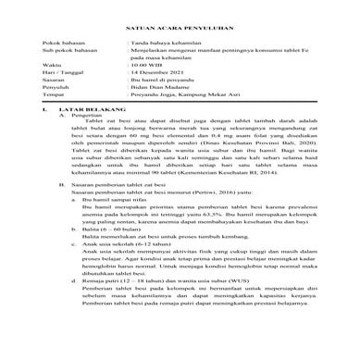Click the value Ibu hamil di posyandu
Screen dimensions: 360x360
click(163, 110)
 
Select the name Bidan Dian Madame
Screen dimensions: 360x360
click(159, 118)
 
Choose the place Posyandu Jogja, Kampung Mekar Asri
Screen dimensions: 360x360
click(184, 127)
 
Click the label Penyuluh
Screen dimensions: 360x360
click(55, 118)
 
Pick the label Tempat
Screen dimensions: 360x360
click(53, 127)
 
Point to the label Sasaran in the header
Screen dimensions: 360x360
click(54, 110)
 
